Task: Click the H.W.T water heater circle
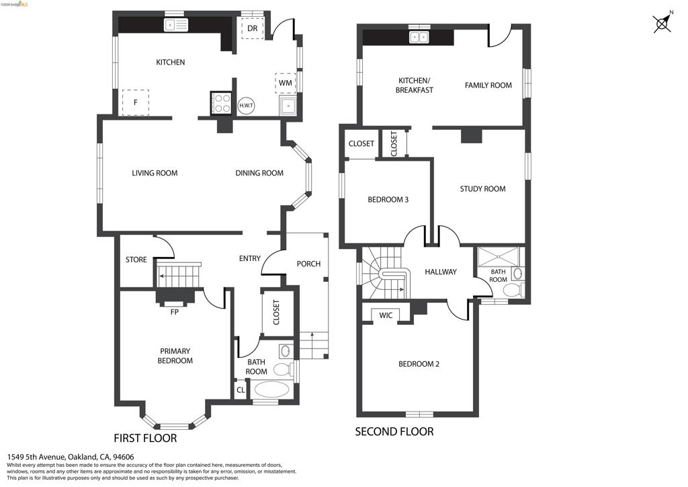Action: (246, 106)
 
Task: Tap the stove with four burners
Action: (222, 103)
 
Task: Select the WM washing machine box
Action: (285, 83)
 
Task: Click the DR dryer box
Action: (253, 28)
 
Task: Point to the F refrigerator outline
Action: (136, 102)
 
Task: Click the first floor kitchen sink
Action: (176, 25)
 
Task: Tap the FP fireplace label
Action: (174, 312)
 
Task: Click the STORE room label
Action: (136, 260)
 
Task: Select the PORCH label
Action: (308, 264)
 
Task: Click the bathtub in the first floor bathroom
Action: (272, 389)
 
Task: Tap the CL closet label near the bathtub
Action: (241, 390)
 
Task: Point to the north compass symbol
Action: (662, 23)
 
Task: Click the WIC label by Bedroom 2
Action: (386, 315)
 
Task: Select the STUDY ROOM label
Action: (482, 189)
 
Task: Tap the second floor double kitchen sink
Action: (419, 37)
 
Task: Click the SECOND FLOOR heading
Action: (394, 432)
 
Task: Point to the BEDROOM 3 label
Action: (388, 200)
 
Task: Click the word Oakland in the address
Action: (81, 457)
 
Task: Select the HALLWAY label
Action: (441, 272)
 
